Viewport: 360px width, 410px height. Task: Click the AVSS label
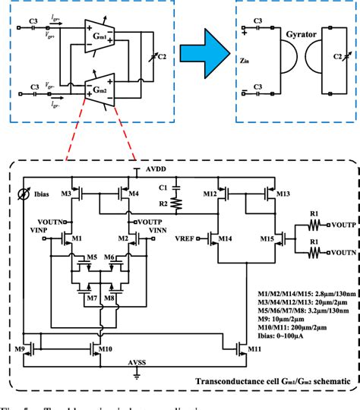click(137, 362)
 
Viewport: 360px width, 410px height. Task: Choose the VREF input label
click(185, 239)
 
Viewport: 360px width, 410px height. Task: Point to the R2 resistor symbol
click(175, 203)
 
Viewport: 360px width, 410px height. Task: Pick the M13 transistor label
click(282, 195)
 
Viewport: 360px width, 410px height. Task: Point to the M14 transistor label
click(226, 240)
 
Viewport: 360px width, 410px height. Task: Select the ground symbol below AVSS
click(137, 374)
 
